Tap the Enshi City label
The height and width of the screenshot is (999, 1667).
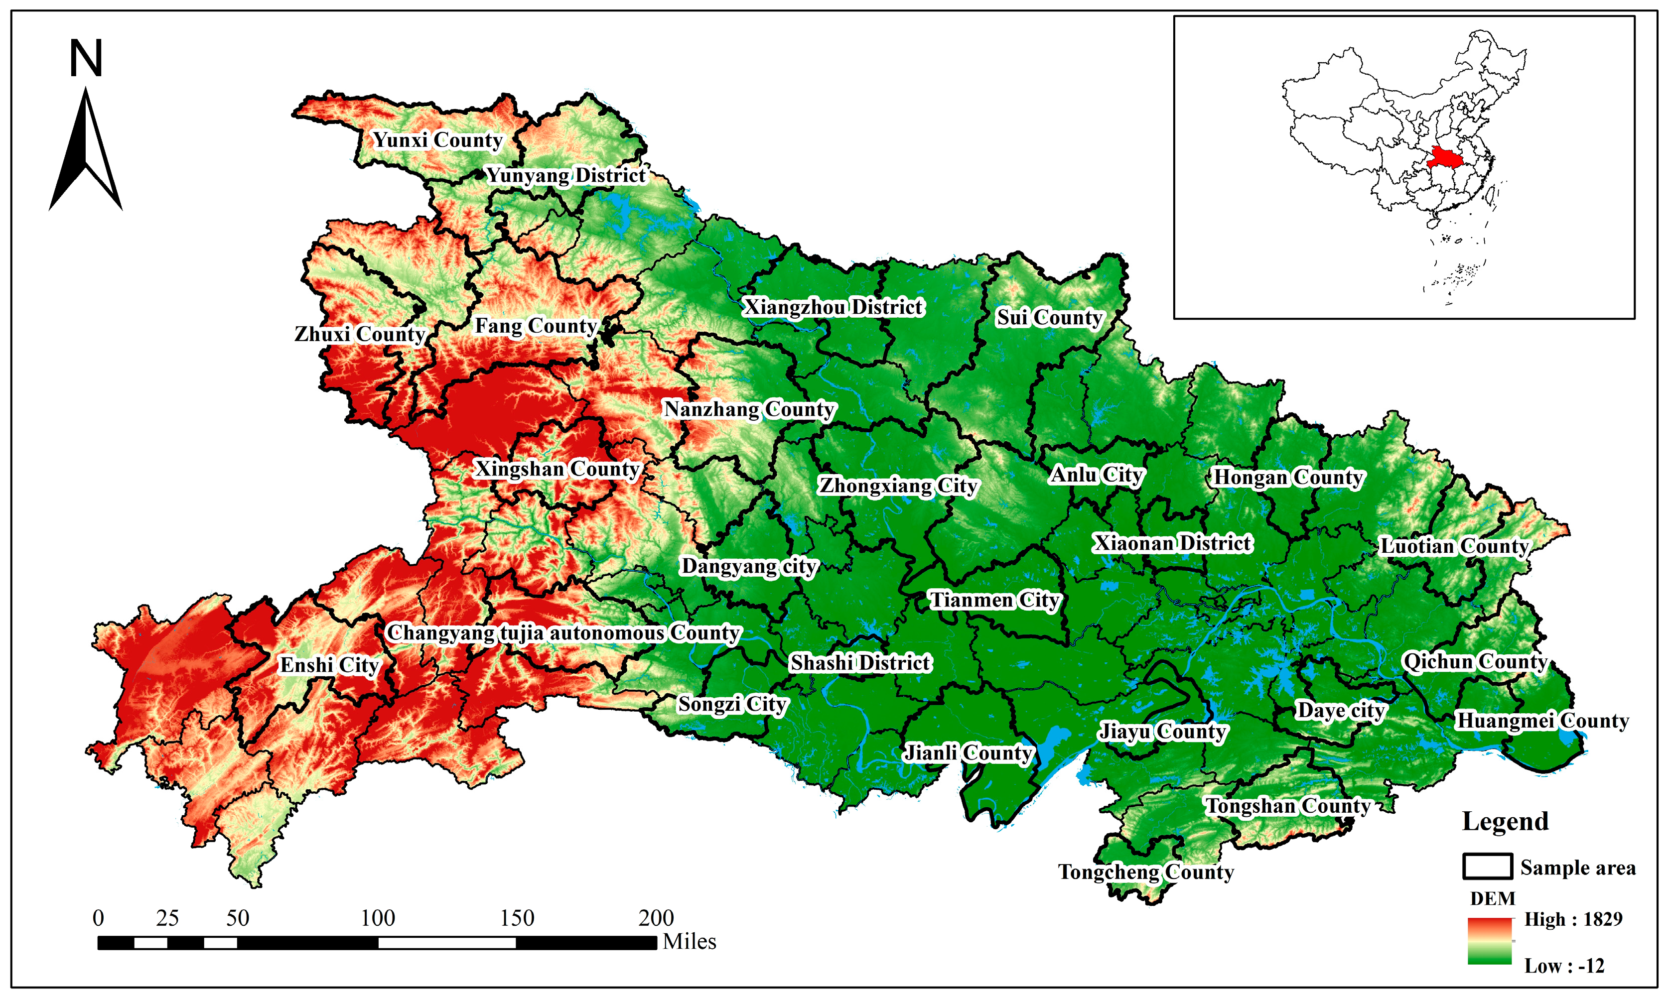coord(330,665)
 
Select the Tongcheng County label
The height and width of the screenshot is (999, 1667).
coord(1146,872)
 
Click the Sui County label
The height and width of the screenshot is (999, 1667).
coord(1049,317)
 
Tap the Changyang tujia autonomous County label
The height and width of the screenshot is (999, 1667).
coord(563,633)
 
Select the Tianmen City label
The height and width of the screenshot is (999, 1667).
coord(994,600)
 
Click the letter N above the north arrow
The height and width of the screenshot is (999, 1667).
coord(86,59)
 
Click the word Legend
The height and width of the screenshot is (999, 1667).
coord(1506,821)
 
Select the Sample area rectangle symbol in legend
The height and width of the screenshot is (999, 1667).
coord(1487,867)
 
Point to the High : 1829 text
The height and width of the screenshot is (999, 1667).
coord(1573,919)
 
